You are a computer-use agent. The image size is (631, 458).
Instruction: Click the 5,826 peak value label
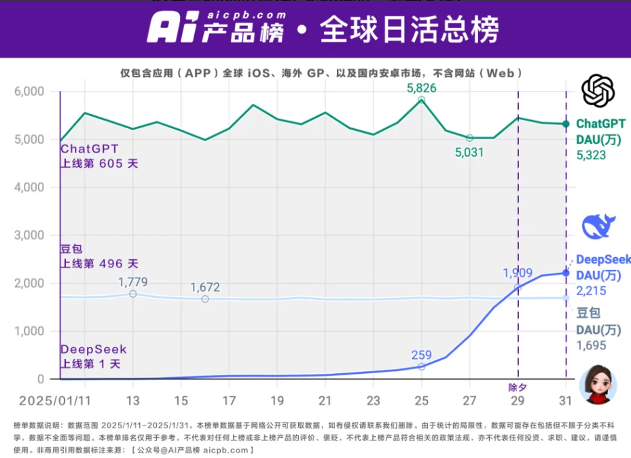(421, 88)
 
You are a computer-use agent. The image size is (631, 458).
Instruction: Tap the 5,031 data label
(469, 153)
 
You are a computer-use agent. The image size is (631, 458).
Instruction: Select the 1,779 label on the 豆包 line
(132, 282)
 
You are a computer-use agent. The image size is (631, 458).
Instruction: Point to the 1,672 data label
(205, 287)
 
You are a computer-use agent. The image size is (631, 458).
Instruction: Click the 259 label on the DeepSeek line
(421, 354)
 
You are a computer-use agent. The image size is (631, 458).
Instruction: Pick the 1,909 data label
(518, 273)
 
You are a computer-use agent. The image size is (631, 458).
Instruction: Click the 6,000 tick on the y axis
(29, 92)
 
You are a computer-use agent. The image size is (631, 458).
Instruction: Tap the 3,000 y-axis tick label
(29, 235)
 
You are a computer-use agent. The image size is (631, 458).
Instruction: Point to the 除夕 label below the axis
(518, 388)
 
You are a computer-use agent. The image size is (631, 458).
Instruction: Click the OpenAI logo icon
(598, 91)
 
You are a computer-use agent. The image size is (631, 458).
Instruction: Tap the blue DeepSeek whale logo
(598, 226)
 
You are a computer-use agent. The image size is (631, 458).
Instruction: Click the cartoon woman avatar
(598, 384)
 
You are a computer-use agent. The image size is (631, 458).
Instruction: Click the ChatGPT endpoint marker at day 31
(566, 123)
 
